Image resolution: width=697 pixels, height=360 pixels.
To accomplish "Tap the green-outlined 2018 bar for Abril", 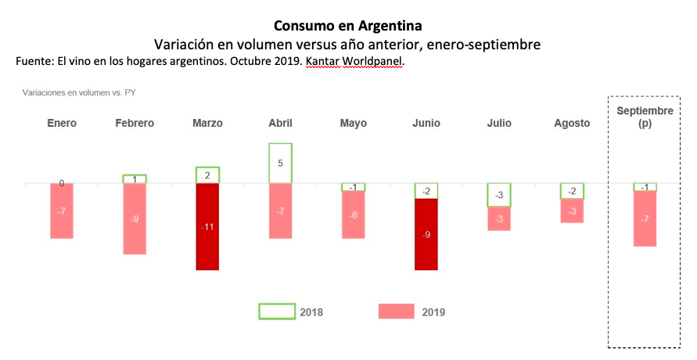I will pos(280,163).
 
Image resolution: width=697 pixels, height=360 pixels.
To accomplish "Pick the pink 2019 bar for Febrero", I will pos(134,218).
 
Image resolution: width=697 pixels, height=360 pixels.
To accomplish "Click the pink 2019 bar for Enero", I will pos(61,211).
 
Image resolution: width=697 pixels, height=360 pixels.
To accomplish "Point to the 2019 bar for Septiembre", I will pos(645,218).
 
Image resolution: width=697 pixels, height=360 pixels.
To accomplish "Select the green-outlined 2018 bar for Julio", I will pos(499,194).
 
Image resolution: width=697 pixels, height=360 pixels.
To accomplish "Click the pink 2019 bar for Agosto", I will pos(572,211).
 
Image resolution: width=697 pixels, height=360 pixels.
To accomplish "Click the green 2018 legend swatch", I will pos(277,311).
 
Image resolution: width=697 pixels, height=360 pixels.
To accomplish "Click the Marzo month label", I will pos(207,124).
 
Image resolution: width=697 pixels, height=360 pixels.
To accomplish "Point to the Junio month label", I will pos(426,124).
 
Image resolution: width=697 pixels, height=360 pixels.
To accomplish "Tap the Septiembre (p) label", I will pos(645,117).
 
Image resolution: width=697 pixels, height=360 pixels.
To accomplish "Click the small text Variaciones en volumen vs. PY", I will pos(80,92).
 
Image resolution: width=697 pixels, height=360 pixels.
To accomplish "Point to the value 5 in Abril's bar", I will pos(280,164).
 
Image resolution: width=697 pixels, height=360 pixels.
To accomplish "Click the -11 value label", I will pos(207,227).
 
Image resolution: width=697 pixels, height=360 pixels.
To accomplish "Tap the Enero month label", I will pos(62,124).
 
